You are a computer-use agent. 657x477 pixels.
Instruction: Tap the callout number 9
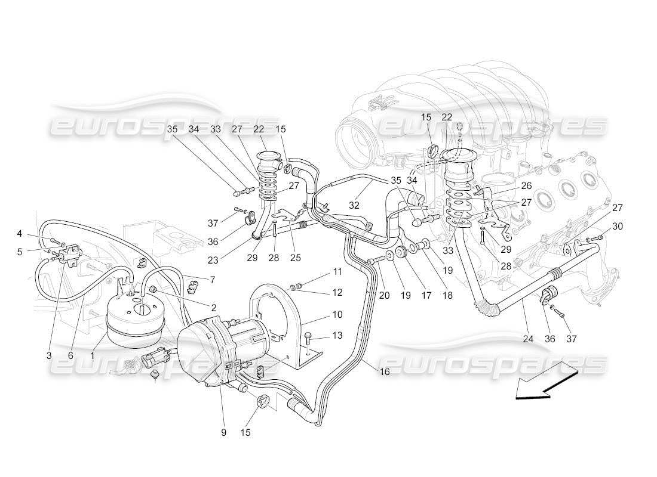(223, 433)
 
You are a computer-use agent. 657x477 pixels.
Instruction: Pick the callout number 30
(618, 226)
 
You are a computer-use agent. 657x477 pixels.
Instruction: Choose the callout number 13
(337, 336)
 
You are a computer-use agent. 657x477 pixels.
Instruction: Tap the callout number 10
(337, 314)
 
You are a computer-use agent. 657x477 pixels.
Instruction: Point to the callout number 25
(296, 258)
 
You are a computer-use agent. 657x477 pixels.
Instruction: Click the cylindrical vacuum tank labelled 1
(134, 322)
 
